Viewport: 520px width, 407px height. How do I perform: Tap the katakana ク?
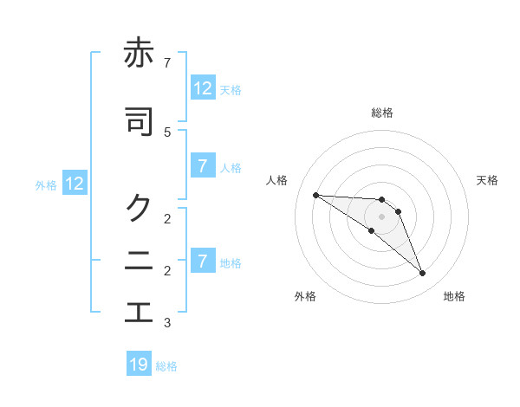[x=139, y=206]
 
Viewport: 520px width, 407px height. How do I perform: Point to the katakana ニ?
[x=139, y=260]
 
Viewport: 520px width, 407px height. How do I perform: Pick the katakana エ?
[x=139, y=312]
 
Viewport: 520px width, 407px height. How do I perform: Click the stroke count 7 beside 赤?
[x=167, y=63]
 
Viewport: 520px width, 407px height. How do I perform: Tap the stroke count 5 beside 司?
[x=167, y=132]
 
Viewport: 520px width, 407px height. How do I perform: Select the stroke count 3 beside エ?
[x=167, y=323]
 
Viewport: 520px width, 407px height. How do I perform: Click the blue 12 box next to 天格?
[x=203, y=87]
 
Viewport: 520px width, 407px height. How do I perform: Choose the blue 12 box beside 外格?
[x=74, y=184]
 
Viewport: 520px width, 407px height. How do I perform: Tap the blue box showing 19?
[x=139, y=365]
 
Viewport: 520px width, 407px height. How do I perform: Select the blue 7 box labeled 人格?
[x=203, y=166]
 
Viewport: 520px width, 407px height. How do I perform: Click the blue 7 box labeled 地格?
[x=203, y=261]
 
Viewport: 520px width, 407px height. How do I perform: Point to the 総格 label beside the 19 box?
[x=166, y=366]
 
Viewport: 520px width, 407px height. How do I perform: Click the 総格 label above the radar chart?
[x=381, y=113]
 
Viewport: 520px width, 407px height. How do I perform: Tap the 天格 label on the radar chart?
[x=487, y=180]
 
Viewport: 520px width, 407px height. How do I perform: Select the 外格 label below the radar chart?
[x=304, y=296]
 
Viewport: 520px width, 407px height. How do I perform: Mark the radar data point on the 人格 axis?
[x=315, y=195]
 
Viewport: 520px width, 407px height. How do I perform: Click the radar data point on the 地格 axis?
[x=422, y=274]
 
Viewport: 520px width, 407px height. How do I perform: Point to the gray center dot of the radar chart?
[x=381, y=216]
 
